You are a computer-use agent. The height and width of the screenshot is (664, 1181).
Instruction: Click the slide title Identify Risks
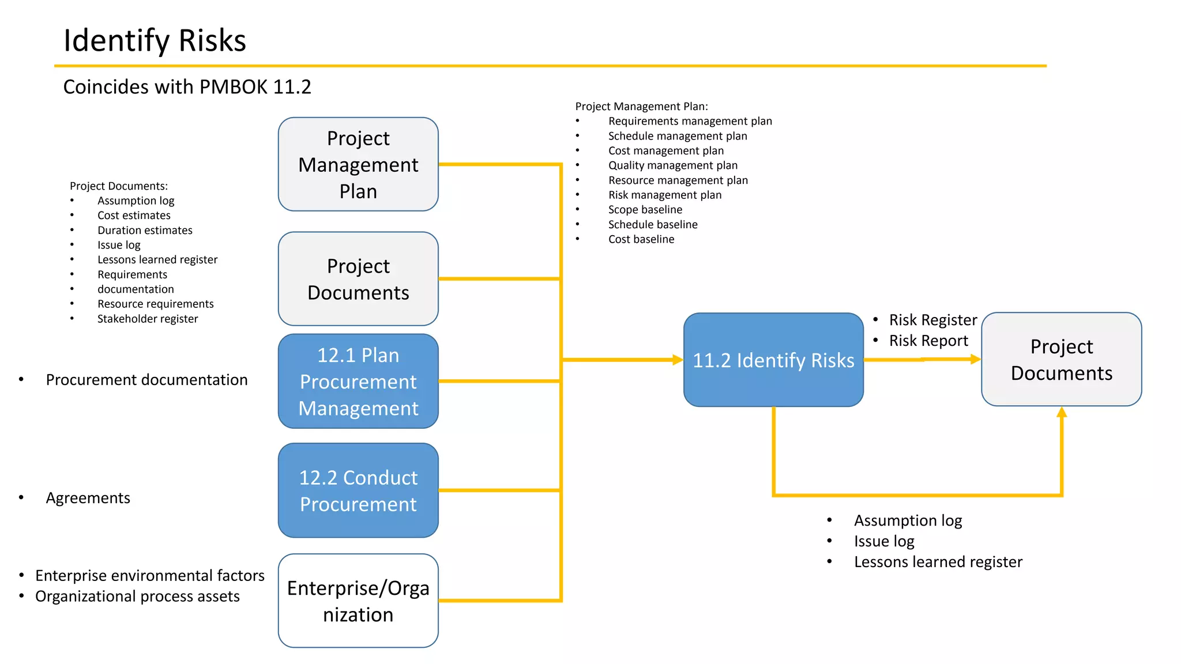click(155, 40)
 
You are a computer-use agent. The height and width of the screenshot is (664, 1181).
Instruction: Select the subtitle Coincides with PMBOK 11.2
click(187, 87)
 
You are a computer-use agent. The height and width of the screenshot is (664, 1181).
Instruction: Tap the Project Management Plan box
click(358, 164)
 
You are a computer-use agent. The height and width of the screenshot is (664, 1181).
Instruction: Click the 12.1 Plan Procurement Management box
click(358, 381)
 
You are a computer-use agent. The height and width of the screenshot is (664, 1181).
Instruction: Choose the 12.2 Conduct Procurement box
click(358, 491)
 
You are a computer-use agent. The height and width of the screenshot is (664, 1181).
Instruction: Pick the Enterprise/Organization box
click(358, 601)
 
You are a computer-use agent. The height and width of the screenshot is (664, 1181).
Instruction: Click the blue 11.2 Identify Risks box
click(773, 360)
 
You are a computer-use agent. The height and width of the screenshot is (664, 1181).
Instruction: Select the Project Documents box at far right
click(1061, 360)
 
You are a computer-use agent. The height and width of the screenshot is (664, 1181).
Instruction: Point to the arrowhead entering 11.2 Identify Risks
click(678, 360)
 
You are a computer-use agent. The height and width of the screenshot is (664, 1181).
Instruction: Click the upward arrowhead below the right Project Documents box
click(1062, 413)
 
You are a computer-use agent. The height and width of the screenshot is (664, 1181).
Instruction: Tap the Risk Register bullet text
click(932, 320)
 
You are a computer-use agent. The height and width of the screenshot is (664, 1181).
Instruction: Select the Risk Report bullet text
click(928, 341)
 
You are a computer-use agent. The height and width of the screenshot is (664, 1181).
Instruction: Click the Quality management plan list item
click(672, 165)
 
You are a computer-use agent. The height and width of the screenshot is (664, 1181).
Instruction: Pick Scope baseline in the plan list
click(645, 210)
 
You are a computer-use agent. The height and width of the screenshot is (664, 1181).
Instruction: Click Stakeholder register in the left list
click(147, 319)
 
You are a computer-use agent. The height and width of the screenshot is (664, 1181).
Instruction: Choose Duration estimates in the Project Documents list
click(145, 231)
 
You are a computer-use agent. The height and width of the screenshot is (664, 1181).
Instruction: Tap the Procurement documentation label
click(146, 380)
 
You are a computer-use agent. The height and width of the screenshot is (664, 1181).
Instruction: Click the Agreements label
click(88, 498)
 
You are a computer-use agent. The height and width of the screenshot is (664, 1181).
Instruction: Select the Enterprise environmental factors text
click(149, 576)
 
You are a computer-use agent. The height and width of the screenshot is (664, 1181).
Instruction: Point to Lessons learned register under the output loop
click(938, 562)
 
